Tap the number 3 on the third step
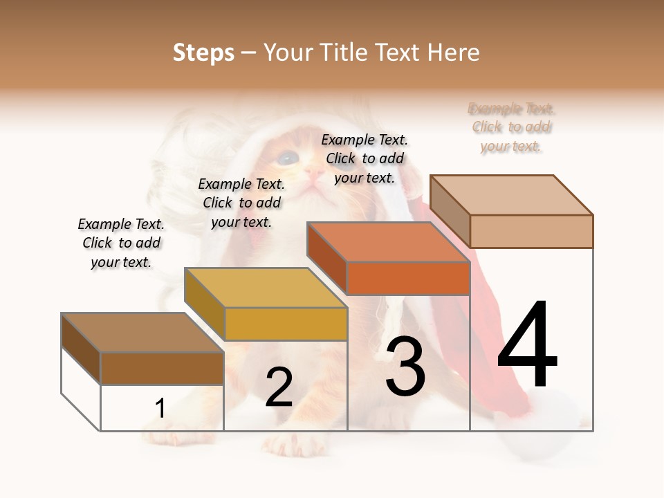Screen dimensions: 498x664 [405, 366]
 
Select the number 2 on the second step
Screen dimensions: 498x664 [279, 387]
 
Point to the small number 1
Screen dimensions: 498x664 [160, 408]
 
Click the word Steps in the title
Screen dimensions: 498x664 [203, 53]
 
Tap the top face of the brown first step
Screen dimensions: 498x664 [142, 333]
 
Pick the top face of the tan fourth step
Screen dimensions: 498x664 [511, 195]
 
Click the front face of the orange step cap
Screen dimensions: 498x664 [408, 279]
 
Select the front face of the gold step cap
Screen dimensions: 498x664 [286, 324]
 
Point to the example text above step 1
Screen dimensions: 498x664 [121, 243]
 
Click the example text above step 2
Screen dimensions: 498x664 [241, 203]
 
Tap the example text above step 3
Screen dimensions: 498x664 [365, 158]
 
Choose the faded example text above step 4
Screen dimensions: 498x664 [512, 127]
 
